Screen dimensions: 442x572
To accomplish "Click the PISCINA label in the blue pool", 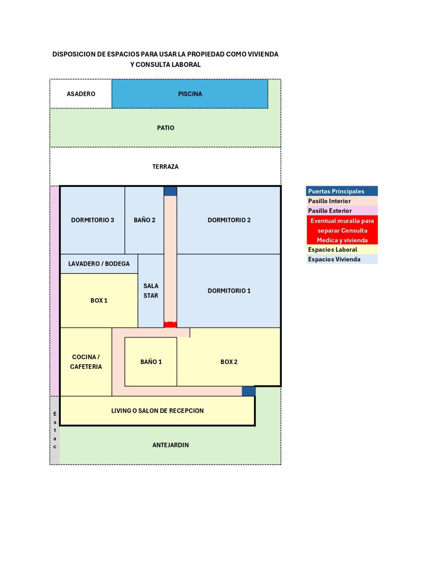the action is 190,94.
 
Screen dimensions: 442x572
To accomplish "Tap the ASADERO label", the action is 81,94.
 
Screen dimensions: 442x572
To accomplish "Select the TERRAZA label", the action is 165,167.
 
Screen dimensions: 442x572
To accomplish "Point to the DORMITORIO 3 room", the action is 92,220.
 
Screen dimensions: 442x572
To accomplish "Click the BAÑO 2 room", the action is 144,220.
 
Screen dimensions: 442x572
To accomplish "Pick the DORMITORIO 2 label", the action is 229,220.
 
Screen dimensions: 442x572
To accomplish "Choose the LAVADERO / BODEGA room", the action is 99,264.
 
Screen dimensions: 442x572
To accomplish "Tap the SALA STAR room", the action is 151,291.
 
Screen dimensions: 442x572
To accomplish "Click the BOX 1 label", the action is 99,301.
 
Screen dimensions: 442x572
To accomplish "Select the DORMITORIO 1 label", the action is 229,291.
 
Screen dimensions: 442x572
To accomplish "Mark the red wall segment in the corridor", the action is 170,325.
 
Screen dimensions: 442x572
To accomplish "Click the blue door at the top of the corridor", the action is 170,191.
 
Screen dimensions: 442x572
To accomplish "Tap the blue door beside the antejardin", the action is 249,391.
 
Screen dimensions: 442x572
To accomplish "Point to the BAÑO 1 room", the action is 151,362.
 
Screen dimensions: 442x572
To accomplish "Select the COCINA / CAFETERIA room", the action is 86,362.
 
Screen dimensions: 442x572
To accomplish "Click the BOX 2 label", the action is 229,362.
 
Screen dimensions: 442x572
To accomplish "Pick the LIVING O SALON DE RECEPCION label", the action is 157,411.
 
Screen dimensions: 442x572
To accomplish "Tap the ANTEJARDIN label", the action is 171,445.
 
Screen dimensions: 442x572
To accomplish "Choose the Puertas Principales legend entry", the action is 342,191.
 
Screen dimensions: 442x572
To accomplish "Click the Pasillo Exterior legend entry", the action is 342,211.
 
